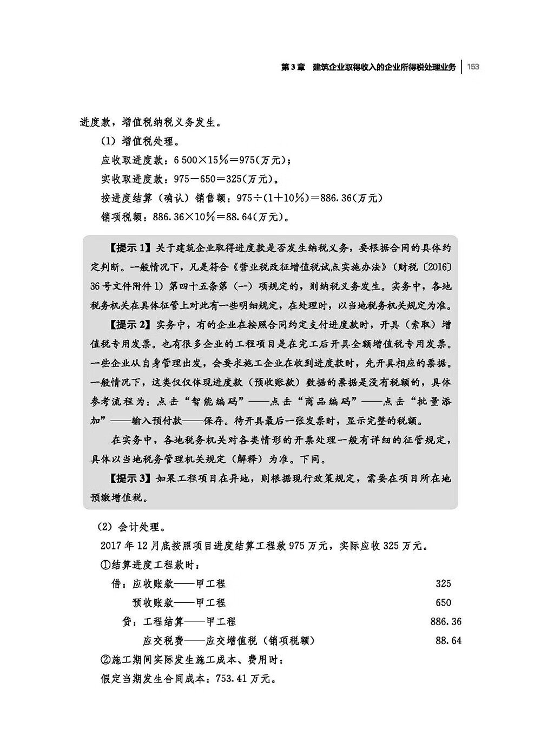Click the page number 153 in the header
tap(473, 67)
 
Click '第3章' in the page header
tap(293, 67)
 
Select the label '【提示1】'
tap(129, 248)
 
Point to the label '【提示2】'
tap(129, 325)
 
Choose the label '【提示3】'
tap(129, 478)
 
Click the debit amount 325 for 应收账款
tap(443, 583)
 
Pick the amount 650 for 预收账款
tap(443, 602)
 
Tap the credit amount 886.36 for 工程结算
tap(446, 621)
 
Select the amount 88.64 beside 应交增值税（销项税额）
tap(448, 640)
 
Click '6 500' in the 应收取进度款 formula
tap(187, 161)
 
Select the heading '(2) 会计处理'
tap(128, 527)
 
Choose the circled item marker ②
tap(105, 660)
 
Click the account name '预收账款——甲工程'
tap(179, 602)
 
